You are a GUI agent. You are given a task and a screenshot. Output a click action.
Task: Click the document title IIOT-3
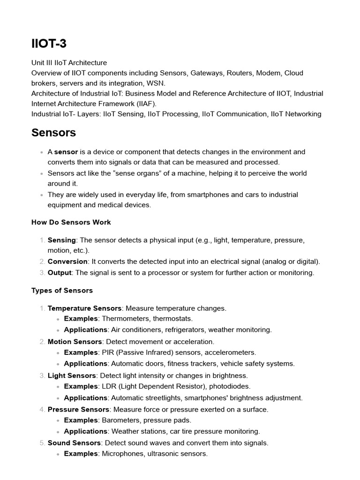(49, 44)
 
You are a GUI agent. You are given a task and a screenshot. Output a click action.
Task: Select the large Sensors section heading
(53, 133)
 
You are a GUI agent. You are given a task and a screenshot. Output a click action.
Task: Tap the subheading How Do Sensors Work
(71, 222)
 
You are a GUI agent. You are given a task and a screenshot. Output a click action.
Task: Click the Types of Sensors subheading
(62, 291)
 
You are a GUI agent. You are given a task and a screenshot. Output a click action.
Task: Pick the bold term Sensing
(61, 240)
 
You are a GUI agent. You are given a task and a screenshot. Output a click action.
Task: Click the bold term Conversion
(67, 262)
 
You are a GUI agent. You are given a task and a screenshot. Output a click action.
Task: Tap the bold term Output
(60, 273)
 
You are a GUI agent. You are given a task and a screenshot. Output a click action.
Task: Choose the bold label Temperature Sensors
(84, 308)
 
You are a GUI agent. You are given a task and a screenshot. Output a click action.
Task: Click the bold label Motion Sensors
(75, 342)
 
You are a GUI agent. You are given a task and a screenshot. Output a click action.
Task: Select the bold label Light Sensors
(72, 375)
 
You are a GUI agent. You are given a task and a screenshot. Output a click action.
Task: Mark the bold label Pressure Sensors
(78, 409)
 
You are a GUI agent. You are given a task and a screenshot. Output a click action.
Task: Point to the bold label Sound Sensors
(74, 443)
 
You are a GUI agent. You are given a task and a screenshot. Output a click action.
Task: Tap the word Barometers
(120, 420)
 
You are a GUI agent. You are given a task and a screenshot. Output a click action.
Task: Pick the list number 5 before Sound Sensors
(42, 443)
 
